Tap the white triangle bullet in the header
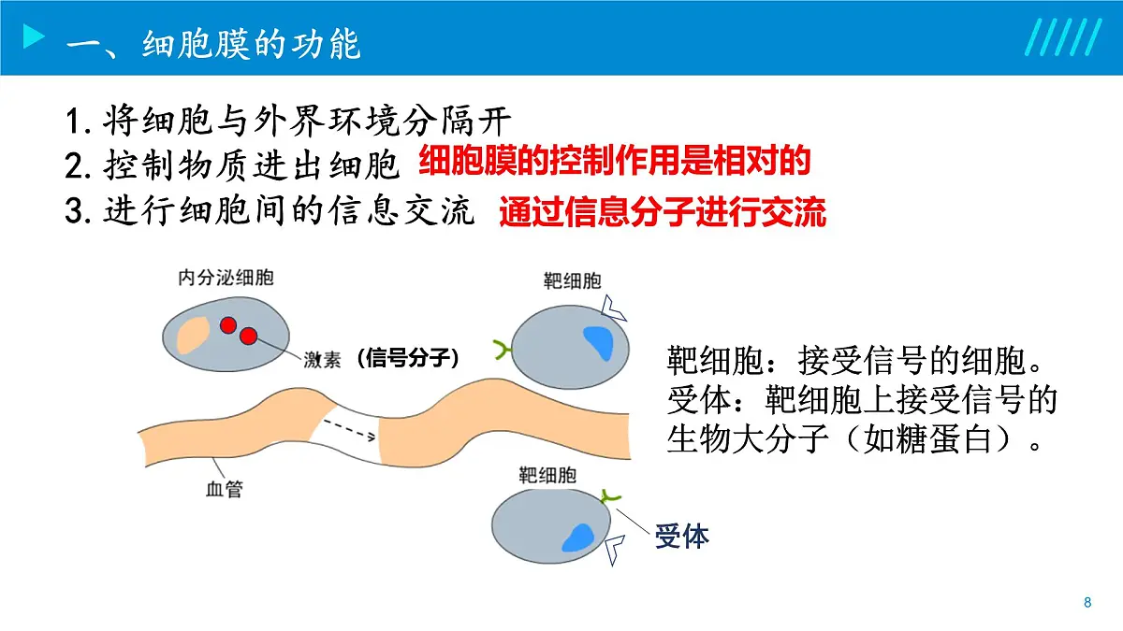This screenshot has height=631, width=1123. [x=34, y=38]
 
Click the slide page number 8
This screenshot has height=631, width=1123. [x=1087, y=602]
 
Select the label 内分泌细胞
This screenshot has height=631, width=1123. [x=219, y=278]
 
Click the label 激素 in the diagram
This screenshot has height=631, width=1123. [x=322, y=360]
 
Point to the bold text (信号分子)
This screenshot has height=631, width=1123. [x=408, y=358]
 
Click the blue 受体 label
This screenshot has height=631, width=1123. [x=681, y=536]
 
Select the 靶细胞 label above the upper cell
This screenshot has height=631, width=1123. [x=572, y=281]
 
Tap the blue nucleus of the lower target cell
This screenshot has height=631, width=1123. [x=576, y=538]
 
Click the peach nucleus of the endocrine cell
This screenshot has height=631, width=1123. [x=195, y=334]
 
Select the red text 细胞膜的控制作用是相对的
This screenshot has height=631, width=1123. [x=613, y=162]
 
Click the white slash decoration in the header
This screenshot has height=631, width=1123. [x=1061, y=38]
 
